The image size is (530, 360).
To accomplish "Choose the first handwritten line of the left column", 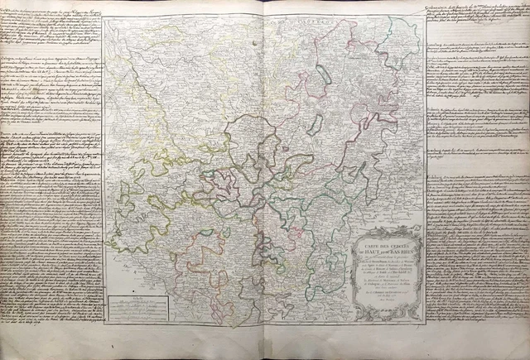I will point(50,7).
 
